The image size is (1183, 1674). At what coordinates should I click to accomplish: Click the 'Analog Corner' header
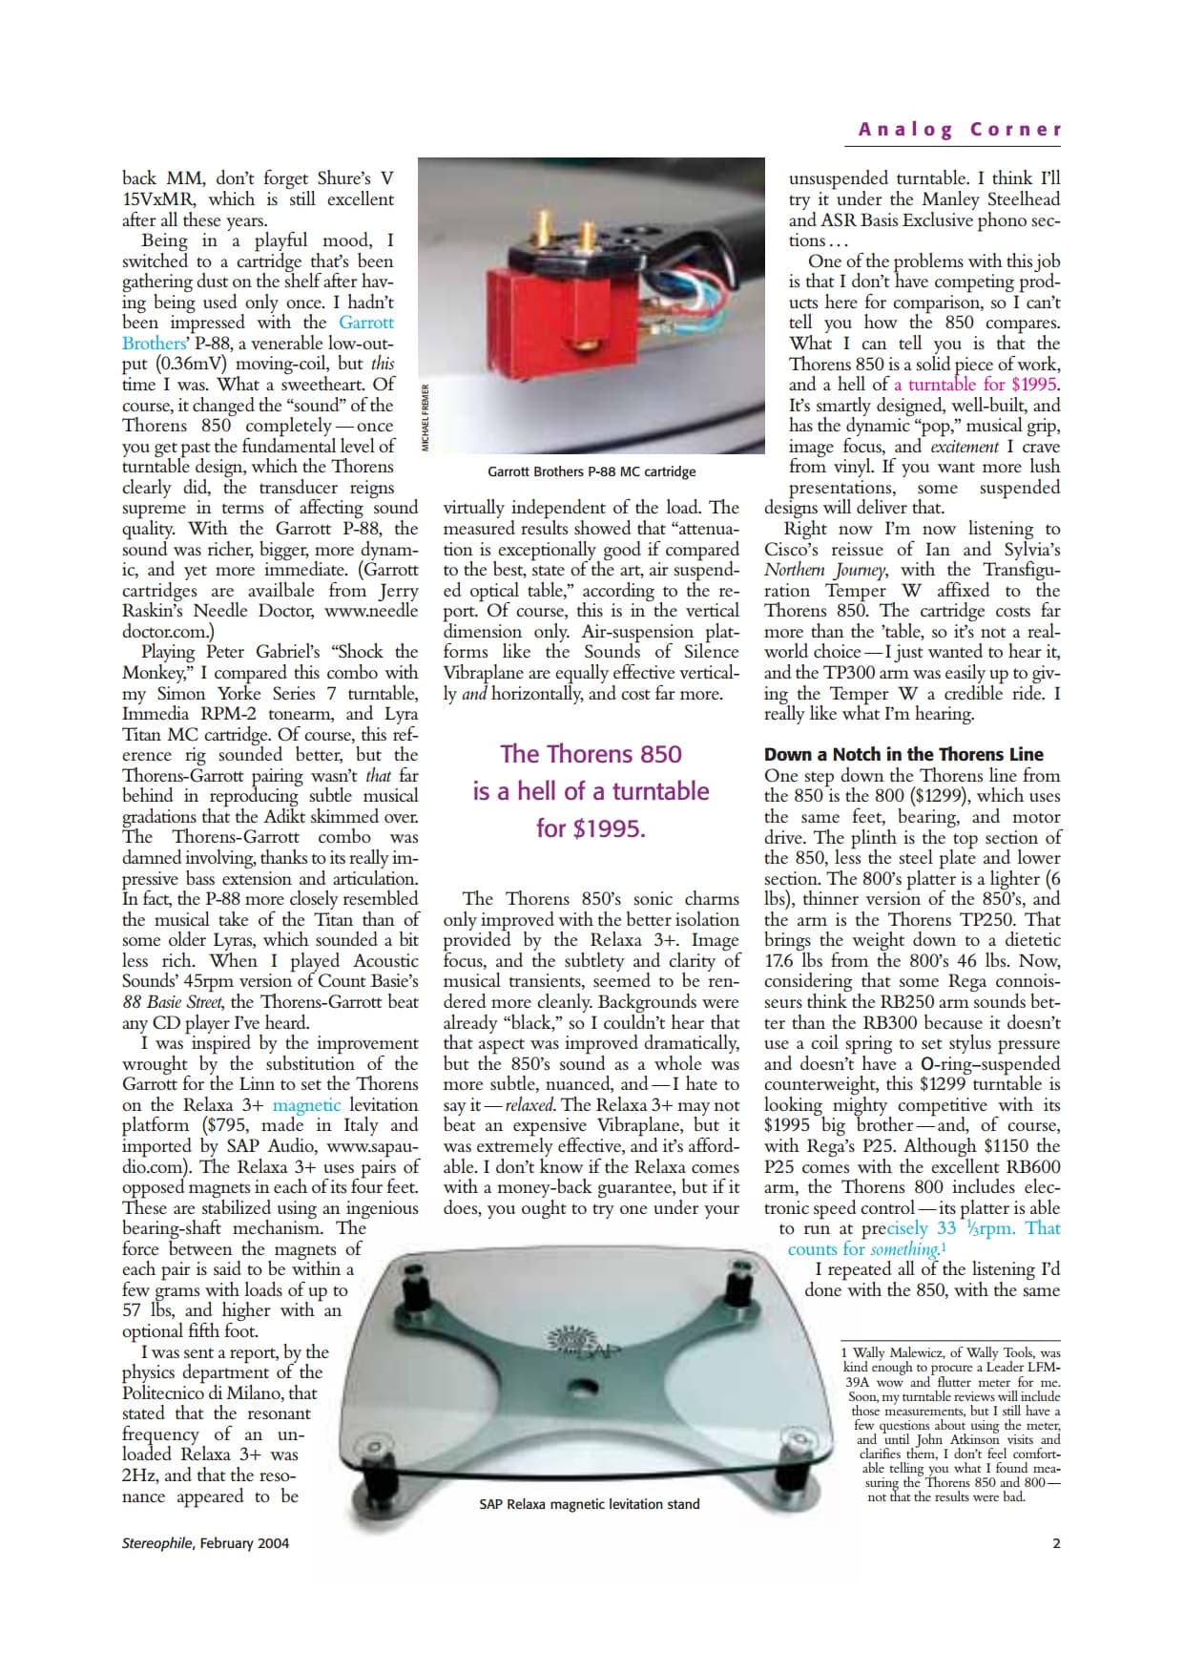pos(959,130)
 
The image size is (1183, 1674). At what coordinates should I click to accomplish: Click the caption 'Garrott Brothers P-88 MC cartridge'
pos(591,471)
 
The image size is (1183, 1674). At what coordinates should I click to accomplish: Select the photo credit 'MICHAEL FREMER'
pos(426,417)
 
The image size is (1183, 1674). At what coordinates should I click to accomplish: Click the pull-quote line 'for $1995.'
pos(591,828)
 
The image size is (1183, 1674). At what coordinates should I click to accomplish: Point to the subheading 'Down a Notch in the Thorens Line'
pos(903,754)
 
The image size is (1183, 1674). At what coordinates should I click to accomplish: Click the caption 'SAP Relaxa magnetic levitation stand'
pos(589,1504)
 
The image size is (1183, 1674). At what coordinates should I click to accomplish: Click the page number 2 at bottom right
pos(1056,1543)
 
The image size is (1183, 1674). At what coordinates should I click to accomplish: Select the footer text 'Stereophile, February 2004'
pos(205,1543)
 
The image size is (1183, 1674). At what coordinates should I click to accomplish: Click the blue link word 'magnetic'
pos(306,1105)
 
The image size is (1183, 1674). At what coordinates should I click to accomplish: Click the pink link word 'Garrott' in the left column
pos(366,323)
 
